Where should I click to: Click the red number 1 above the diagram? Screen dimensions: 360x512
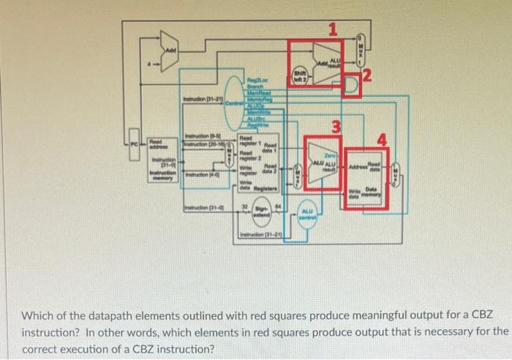pyautogui.click(x=334, y=29)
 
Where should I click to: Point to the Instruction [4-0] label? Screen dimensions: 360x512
pyautogui.click(x=200, y=173)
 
